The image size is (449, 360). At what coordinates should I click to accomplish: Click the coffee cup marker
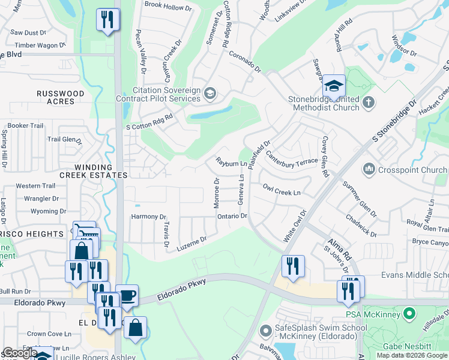(127, 295)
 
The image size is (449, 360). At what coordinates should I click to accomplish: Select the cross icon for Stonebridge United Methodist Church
(369, 103)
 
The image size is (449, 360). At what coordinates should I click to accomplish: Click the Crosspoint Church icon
(369, 170)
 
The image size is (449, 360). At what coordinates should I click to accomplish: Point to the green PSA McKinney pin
(410, 313)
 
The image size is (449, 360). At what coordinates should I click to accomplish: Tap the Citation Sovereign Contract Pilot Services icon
(209, 93)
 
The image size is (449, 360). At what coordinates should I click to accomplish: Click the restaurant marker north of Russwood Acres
(107, 20)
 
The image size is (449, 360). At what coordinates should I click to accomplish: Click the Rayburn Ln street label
(232, 163)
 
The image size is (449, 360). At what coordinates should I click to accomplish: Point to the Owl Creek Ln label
(281, 189)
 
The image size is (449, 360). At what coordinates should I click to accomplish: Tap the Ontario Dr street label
(232, 216)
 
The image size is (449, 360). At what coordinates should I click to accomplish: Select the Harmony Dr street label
(148, 217)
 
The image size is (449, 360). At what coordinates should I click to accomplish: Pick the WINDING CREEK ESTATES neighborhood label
(101, 171)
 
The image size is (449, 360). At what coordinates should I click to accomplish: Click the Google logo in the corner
(20, 353)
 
